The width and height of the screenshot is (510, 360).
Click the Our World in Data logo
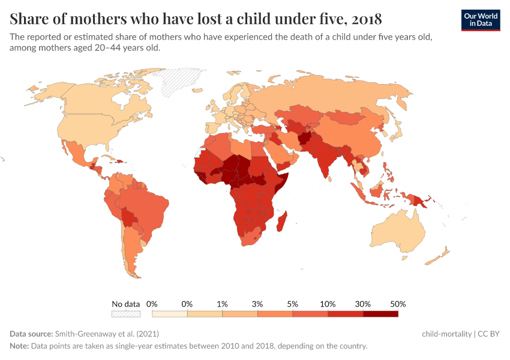tap(481, 19)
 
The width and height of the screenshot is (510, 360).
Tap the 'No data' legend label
tap(125, 304)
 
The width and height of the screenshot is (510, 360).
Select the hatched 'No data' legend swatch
tap(125, 314)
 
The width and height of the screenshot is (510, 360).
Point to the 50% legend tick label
tap(398, 304)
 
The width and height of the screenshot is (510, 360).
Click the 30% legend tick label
tap(363, 304)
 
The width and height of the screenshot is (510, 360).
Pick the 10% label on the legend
tap(328, 304)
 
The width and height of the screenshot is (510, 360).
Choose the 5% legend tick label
tap(293, 304)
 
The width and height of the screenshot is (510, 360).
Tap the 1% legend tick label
tap(222, 304)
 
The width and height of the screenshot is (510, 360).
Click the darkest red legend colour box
tap(380, 314)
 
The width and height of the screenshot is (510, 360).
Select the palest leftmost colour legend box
tap(169, 314)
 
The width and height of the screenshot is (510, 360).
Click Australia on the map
tap(397, 232)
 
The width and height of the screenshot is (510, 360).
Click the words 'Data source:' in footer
tap(31, 334)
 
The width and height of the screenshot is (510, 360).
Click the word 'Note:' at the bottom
tap(20, 346)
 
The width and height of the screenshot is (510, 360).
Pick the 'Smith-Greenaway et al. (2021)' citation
tap(107, 334)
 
